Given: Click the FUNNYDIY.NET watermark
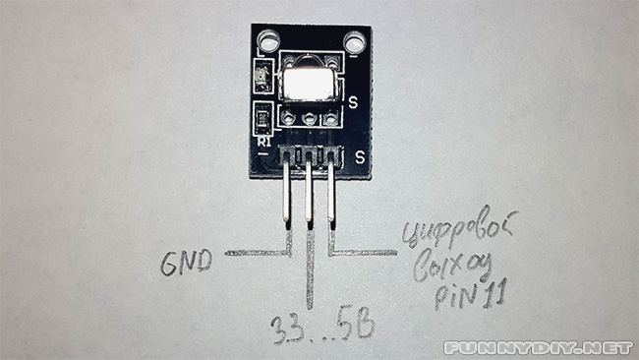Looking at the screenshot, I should pos(538,347).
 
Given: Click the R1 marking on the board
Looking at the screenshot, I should pos(263,143).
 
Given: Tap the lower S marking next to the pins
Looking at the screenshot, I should pos(361,155).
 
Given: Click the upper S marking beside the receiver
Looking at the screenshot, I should pos(352,101).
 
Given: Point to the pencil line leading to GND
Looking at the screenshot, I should pos(258,254).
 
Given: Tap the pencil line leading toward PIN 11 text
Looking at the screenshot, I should pos(364,254).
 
